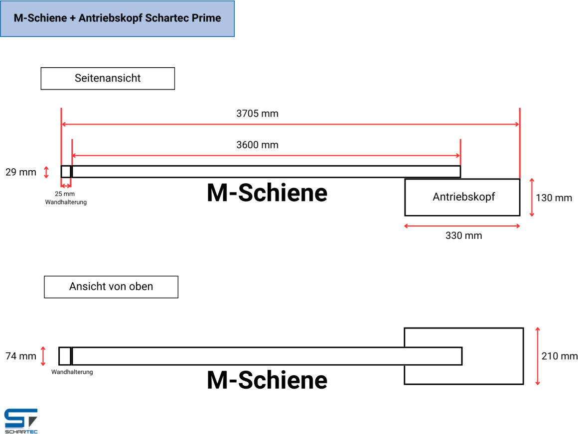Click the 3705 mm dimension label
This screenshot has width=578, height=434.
tap(257, 113)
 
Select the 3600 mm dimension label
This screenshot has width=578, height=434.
tap(257, 145)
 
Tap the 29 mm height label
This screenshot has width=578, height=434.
tap(20, 172)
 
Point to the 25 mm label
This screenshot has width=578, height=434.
tap(65, 194)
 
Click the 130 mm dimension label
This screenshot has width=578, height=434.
tap(554, 198)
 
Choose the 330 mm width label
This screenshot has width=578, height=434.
tap(464, 235)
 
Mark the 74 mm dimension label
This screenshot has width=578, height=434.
tap(20, 356)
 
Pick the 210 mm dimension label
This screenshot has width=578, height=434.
tap(559, 356)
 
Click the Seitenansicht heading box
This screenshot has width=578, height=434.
tap(108, 79)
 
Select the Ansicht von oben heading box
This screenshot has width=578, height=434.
tap(111, 287)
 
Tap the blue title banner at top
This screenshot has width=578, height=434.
tap(117, 18)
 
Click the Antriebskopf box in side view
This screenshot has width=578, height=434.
tap(462, 197)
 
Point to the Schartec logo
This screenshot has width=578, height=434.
tap(21, 421)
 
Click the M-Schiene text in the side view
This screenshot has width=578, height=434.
tap(267, 193)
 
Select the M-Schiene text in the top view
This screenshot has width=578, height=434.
tap(267, 380)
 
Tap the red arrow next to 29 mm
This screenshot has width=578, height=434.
tap(46, 172)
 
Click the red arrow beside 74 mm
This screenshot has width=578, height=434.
tap(43, 356)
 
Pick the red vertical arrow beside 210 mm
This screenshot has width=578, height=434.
tap(538, 356)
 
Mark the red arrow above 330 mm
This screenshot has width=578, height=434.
tap(462, 226)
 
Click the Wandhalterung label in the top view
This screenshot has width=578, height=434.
tap(72, 372)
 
